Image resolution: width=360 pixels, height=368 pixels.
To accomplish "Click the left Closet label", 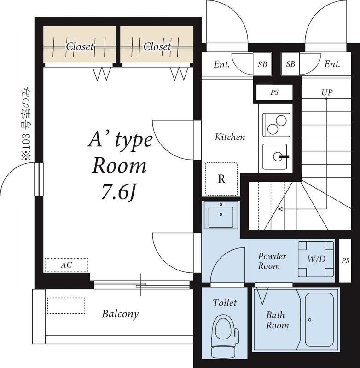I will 80,46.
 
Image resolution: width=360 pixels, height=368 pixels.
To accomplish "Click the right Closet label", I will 157,46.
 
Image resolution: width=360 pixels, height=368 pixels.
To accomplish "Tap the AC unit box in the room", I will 66,265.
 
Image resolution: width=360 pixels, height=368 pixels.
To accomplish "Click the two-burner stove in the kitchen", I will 277,125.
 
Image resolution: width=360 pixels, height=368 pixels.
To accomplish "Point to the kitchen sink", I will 277,157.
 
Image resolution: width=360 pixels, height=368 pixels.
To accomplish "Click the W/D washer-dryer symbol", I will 316,259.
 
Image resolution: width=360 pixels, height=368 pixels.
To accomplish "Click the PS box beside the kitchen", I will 274,92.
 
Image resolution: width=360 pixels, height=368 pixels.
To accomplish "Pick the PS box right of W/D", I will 345,260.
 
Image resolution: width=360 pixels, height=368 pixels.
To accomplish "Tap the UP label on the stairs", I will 327,92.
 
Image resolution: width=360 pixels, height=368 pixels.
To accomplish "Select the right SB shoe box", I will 290,64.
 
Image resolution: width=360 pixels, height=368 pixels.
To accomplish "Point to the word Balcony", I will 120,315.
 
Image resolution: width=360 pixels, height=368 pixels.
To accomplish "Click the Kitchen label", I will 230,137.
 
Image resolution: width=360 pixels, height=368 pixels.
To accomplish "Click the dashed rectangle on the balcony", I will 66,305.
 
